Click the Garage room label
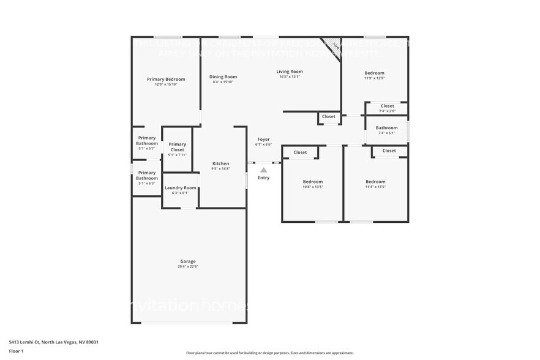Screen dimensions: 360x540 click(x=188, y=261)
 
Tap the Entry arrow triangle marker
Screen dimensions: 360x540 click(x=263, y=170)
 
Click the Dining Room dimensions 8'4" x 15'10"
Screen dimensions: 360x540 click(x=223, y=82)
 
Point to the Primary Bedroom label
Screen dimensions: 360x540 click(x=166, y=79)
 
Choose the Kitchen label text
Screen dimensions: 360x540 click(x=220, y=163)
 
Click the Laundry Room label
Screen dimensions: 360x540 click(x=181, y=188)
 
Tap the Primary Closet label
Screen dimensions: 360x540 click(x=178, y=147)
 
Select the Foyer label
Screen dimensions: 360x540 click(x=263, y=140)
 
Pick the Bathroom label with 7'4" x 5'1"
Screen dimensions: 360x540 click(x=387, y=128)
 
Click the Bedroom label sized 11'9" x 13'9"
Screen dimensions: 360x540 click(x=375, y=73)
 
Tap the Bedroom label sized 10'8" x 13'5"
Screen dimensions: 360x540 click(x=313, y=182)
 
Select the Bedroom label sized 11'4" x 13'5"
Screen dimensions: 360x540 click(x=375, y=182)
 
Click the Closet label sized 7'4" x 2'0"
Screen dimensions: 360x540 click(x=387, y=106)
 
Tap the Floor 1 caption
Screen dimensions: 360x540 click(x=16, y=351)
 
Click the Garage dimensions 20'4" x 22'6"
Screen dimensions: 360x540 click(x=188, y=266)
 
